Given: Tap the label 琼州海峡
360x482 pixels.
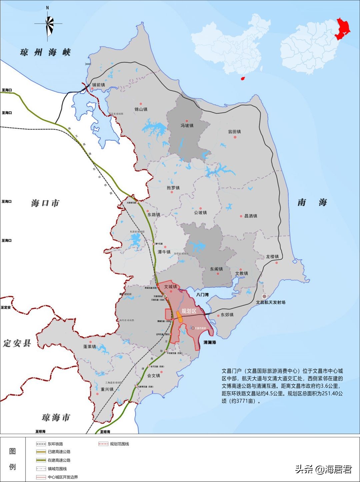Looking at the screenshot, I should pyautogui.click(x=45, y=52).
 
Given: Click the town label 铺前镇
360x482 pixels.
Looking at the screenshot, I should pyautogui.click(x=99, y=85).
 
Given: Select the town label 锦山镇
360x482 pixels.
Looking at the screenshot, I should pyautogui.click(x=141, y=109).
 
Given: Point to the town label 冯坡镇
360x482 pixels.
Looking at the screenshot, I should pyautogui.click(x=187, y=125).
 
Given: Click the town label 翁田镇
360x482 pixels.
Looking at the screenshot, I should pyautogui.click(x=234, y=132).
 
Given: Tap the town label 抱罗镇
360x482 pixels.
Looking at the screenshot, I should pyautogui.click(x=173, y=188).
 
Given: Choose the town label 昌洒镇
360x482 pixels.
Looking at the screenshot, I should pyautogui.click(x=251, y=216).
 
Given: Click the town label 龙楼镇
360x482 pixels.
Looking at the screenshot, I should pyautogui.click(x=272, y=257).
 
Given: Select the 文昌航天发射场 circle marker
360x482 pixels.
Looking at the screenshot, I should pyautogui.click(x=264, y=296).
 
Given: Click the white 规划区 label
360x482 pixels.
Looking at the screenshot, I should pyautogui.click(x=189, y=311).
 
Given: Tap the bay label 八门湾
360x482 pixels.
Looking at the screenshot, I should pyautogui.click(x=202, y=295).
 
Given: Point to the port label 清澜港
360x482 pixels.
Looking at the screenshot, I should pyautogui.click(x=210, y=342).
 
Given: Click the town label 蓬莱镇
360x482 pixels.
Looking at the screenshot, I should pyautogui.click(x=90, y=347).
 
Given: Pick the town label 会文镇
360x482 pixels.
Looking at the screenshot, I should pyautogui.click(x=154, y=375).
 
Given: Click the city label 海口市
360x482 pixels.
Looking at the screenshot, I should pyautogui.click(x=45, y=203).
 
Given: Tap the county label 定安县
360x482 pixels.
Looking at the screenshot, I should pyautogui.click(x=17, y=343).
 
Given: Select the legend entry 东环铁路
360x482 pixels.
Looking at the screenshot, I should pyautogui.click(x=55, y=444).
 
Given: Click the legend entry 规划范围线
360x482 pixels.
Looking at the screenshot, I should pyautogui.click(x=119, y=444).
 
